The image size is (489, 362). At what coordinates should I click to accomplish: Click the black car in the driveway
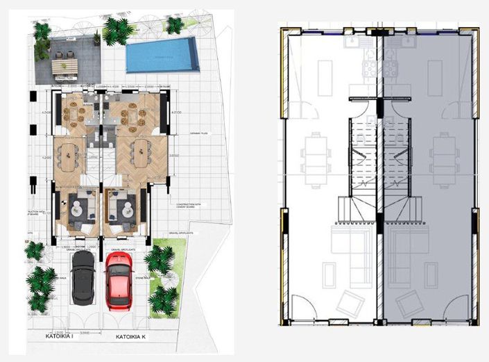pos(83,276)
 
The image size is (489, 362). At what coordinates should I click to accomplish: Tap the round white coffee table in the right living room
pos(127,205)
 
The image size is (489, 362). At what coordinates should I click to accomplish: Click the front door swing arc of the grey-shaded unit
pos(455,305)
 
